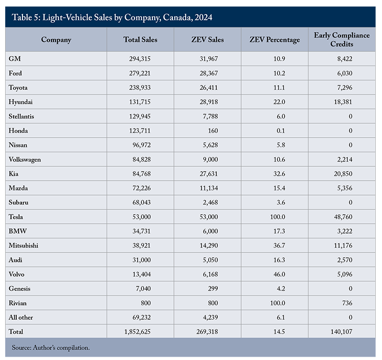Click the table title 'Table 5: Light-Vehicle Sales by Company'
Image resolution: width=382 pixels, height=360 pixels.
tap(109, 18)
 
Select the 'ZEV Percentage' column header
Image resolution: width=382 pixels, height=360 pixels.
tap(275, 40)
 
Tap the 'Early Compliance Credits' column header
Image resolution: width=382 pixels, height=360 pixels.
tap(341, 40)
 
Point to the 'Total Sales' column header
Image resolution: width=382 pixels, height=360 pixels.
tap(140, 40)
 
